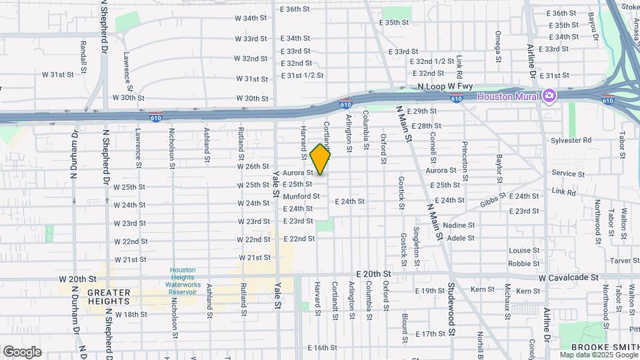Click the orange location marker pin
[x=321, y=159]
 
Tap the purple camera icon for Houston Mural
[x=549, y=95]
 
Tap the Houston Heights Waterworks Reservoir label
[x=183, y=281]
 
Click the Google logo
[x=22, y=351]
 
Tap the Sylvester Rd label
[x=571, y=140]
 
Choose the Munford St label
[x=301, y=197]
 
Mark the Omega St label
[x=497, y=47]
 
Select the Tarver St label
[x=625, y=261]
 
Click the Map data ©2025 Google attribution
[x=598, y=355]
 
